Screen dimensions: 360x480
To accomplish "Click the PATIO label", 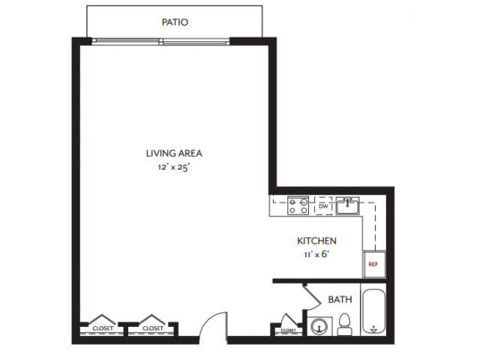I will tap(175, 22).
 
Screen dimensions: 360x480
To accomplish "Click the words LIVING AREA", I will tap(174, 153).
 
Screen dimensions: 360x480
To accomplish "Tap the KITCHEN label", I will tap(316, 241).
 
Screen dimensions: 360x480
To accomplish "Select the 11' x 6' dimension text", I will tap(316, 253).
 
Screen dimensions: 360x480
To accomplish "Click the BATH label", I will tap(340, 299).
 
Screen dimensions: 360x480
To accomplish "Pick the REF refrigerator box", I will tap(373, 265).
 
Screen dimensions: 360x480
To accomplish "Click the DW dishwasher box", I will tap(324, 205).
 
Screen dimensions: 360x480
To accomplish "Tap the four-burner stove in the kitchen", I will tap(298, 205).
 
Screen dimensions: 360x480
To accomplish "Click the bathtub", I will tap(373, 311).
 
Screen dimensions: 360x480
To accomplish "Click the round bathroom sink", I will tap(321, 327).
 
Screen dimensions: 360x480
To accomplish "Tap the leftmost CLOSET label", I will tap(102, 328).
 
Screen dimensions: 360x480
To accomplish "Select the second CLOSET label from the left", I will tap(152, 328).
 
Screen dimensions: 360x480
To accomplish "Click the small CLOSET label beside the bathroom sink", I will tap(288, 329).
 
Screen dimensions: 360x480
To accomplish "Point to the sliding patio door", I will tap(162, 41).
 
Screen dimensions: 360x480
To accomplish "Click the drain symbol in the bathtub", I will tap(373, 328).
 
